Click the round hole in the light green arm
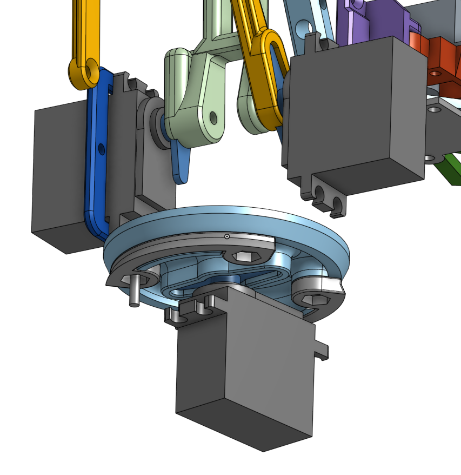pyautogui.click(x=213, y=117)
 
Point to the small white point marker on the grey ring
pyautogui.click(x=227, y=236)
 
